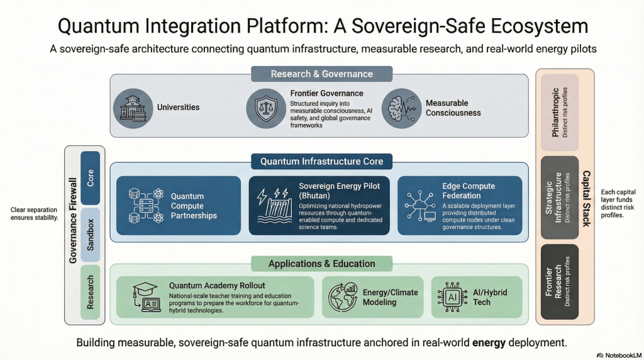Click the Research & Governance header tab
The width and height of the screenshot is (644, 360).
pyautogui.click(x=321, y=74)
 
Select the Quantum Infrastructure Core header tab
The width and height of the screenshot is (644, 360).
pyautogui.click(x=321, y=162)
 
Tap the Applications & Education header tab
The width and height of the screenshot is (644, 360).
pyautogui.click(x=321, y=264)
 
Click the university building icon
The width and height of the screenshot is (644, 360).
pyautogui.click(x=133, y=107)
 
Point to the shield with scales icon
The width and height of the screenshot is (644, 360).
pyautogui.click(x=265, y=108)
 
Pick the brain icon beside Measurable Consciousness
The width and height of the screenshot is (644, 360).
pyautogui.click(x=401, y=108)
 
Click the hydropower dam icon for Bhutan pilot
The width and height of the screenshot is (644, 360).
pyautogui.click(x=274, y=205)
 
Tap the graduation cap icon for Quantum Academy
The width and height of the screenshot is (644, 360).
pyautogui.click(x=145, y=297)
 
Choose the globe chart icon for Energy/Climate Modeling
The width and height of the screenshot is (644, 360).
pyautogui.click(x=343, y=297)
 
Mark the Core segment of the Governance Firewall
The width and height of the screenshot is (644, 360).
pyautogui.click(x=91, y=177)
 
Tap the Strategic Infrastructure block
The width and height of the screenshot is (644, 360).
pyautogui.click(x=560, y=196)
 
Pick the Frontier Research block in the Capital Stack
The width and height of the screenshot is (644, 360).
pyautogui.click(x=560, y=281)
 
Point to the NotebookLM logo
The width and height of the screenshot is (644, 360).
pyautogui.click(x=618, y=355)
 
